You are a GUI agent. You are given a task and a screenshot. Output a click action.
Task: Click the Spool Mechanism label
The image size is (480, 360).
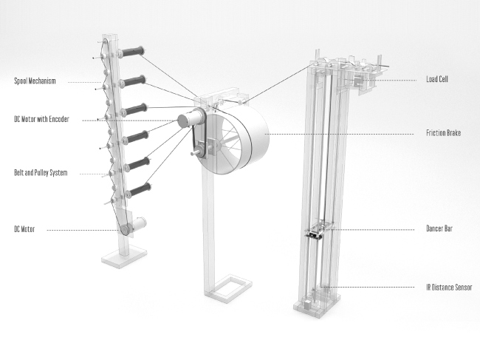tap(35, 81)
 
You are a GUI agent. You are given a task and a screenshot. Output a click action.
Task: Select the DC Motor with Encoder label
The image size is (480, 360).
tap(41, 119)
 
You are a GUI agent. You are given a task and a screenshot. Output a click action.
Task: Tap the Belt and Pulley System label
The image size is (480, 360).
tap(41, 172)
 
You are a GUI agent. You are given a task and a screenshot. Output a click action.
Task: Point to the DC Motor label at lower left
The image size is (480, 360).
tap(24, 229)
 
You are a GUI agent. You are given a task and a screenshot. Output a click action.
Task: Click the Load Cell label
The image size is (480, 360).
tap(437, 79)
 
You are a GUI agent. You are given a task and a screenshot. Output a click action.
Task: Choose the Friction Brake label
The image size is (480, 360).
tap(444, 132)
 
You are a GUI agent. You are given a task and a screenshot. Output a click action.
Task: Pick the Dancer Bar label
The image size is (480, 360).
tap(439, 228)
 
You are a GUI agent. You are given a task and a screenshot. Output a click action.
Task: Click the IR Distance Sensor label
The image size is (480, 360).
tap(449, 288)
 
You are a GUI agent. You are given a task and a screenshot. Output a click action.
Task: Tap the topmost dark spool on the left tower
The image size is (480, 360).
tap(132, 52)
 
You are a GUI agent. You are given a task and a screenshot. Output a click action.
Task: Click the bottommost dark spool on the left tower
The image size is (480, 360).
tap(139, 190)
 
